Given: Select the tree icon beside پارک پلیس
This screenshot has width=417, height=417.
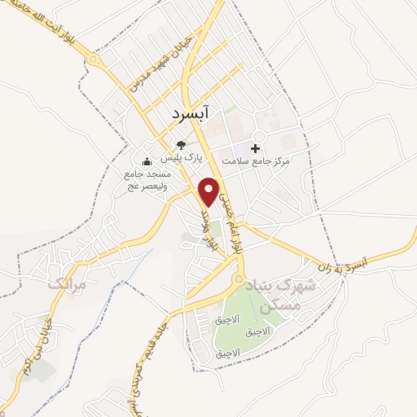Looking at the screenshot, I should pyautogui.click(x=180, y=146).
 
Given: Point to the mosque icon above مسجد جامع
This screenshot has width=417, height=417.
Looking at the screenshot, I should pyautogui.click(x=147, y=160).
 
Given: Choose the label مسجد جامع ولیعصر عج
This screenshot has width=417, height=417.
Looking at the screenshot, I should pyautogui.click(x=147, y=180).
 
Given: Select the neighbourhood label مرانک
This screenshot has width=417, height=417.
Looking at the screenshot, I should pyautogui.click(x=66, y=285).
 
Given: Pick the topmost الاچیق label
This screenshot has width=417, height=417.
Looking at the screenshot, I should pyautogui.click(x=231, y=320).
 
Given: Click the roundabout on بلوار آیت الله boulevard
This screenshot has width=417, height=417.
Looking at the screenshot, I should pyautogui.click(x=94, y=59).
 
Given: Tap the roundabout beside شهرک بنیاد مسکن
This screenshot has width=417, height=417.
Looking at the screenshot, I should pyautogui.click(x=237, y=280).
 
